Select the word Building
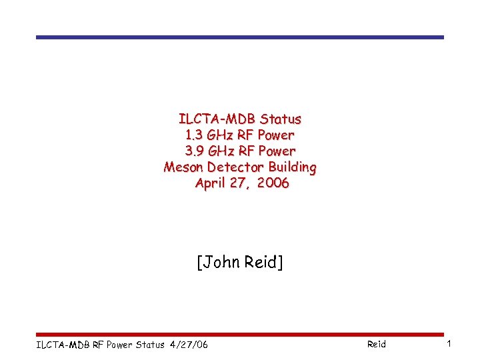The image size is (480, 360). click(292, 167)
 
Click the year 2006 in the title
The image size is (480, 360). click(272, 183)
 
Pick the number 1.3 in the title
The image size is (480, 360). click(197, 135)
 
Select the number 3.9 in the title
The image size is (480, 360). click(195, 151)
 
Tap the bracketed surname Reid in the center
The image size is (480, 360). click(263, 263)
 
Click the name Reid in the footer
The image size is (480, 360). click(376, 344)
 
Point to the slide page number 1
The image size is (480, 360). click(449, 343)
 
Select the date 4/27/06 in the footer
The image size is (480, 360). click(189, 344)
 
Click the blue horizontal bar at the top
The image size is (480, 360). click(239, 37)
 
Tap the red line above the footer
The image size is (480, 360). click(239, 335)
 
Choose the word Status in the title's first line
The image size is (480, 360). click(281, 119)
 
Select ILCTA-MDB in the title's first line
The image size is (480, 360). click(217, 119)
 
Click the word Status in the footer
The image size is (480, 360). click(151, 344)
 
